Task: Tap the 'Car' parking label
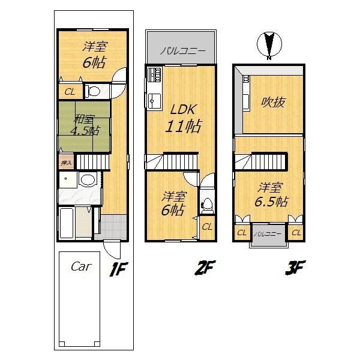pyautogui.click(x=80, y=266)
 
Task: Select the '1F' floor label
pyautogui.click(x=118, y=269)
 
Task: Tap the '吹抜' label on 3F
pyautogui.click(x=272, y=103)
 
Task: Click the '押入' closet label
pyautogui.click(x=66, y=162)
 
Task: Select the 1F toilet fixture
pyautogui.click(x=94, y=92)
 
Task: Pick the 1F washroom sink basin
pyautogui.click(x=88, y=179)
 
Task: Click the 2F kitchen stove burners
pyautogui.click(x=153, y=76)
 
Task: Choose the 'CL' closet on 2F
pyautogui.click(x=206, y=227)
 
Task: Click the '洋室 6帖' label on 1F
pyautogui.click(x=91, y=54)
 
